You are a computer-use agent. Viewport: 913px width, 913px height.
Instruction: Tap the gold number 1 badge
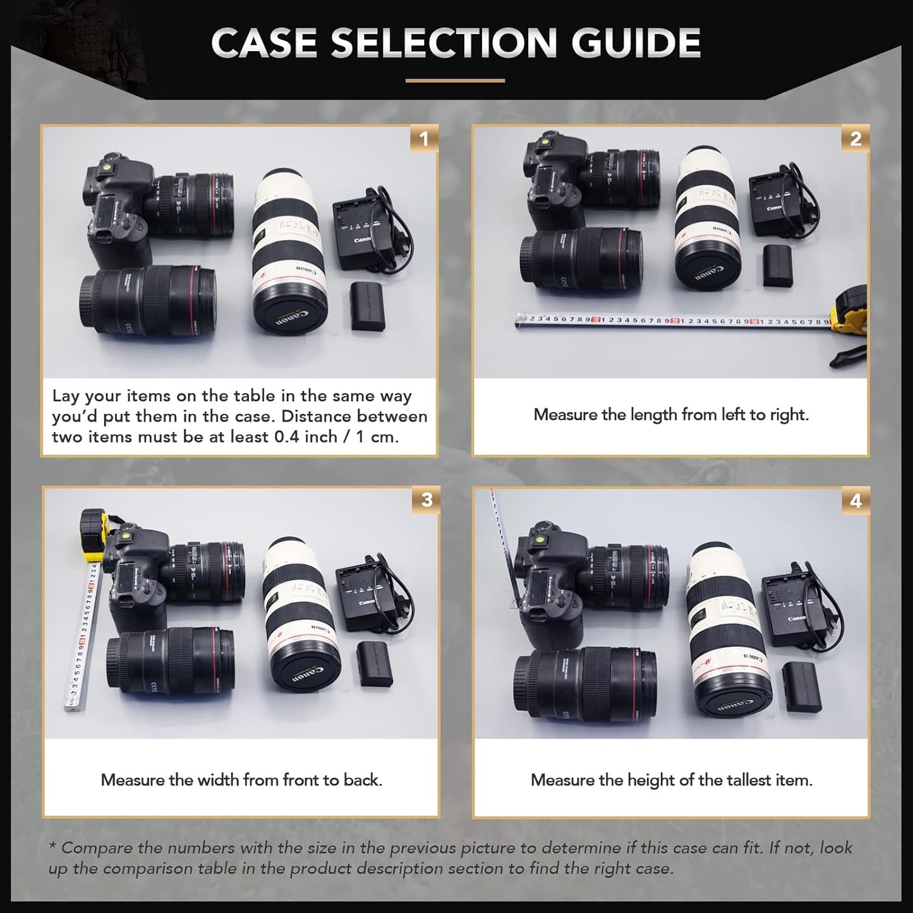424,138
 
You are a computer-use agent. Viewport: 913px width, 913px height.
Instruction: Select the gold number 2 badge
856,138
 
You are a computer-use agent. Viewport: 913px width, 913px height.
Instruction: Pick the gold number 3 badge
426,500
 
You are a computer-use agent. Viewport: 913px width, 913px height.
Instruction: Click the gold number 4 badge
856,500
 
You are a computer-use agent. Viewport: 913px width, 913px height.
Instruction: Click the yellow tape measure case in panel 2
849,311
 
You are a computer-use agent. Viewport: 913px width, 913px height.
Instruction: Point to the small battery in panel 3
373,663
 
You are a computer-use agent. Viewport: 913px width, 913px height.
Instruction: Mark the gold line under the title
455,80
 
